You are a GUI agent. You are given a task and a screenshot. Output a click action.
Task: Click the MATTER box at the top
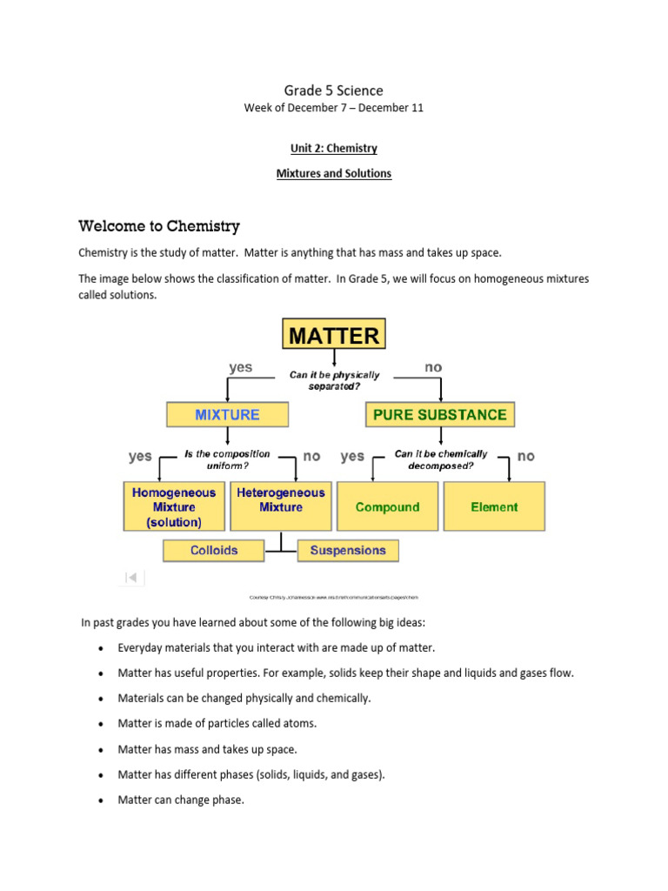(334, 336)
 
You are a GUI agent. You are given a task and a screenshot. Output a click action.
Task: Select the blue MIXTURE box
(227, 414)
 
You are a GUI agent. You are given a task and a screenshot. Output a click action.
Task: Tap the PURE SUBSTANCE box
(439, 414)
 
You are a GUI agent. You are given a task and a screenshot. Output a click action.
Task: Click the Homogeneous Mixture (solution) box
(174, 507)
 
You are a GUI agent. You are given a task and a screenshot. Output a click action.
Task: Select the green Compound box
(387, 507)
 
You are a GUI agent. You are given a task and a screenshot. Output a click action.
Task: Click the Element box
(494, 507)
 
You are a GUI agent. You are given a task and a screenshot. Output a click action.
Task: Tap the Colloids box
(214, 550)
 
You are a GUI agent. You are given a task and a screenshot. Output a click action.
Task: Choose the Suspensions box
(348, 550)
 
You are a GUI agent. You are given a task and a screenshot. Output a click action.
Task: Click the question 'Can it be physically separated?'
(334, 380)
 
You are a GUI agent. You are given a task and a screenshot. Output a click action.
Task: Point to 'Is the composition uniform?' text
(228, 459)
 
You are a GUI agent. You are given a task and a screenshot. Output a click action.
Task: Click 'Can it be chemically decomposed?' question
(440, 459)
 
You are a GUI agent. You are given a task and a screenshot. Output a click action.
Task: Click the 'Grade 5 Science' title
(333, 90)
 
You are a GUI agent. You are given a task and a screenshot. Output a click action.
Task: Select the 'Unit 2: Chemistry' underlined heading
(333, 148)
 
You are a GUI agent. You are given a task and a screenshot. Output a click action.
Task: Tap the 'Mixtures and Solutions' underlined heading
(333, 173)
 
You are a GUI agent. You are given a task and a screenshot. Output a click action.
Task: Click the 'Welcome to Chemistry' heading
(158, 226)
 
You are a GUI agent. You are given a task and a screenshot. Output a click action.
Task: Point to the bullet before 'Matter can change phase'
(102, 801)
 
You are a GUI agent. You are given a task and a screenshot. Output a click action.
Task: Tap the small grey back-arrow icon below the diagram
(131, 576)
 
